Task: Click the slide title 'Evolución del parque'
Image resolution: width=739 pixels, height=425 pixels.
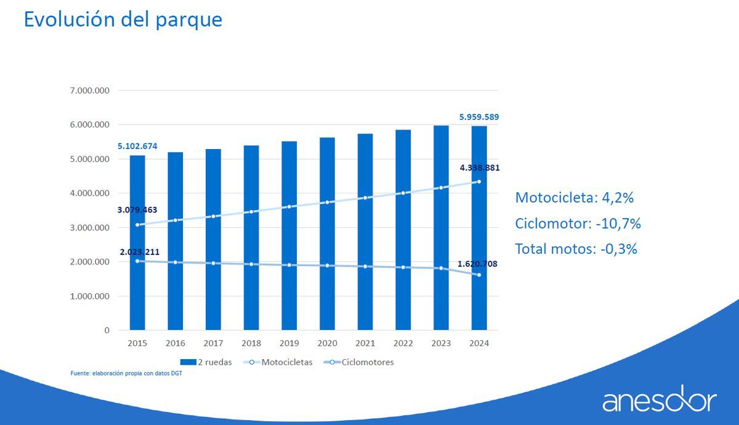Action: click(123, 19)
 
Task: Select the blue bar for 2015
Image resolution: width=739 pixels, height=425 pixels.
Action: click(137, 246)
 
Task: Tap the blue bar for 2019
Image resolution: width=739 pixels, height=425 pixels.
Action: click(289, 240)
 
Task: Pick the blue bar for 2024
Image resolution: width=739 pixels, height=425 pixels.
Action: click(479, 234)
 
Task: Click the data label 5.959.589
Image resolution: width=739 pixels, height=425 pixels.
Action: click(479, 116)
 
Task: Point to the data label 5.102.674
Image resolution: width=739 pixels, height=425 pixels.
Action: click(137, 146)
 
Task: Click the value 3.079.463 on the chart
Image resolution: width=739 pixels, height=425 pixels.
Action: click(137, 209)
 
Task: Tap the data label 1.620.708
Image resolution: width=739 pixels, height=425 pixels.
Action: click(477, 264)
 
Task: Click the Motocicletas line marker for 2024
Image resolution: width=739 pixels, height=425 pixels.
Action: click(479, 182)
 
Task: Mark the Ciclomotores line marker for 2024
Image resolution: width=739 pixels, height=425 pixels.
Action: click(479, 275)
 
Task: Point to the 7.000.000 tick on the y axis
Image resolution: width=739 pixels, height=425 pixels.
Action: click(89, 91)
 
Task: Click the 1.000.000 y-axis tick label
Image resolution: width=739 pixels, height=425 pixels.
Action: click(89, 296)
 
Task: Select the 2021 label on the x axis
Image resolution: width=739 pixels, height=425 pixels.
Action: click(365, 344)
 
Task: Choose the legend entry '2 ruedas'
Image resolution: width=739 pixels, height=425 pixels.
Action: click(206, 362)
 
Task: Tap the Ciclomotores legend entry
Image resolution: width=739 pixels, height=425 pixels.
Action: click(360, 362)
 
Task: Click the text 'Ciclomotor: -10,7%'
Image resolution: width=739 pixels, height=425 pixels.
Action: click(578, 224)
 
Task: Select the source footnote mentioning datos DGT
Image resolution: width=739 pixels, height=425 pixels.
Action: click(126, 373)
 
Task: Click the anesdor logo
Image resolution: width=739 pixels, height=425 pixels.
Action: click(659, 400)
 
